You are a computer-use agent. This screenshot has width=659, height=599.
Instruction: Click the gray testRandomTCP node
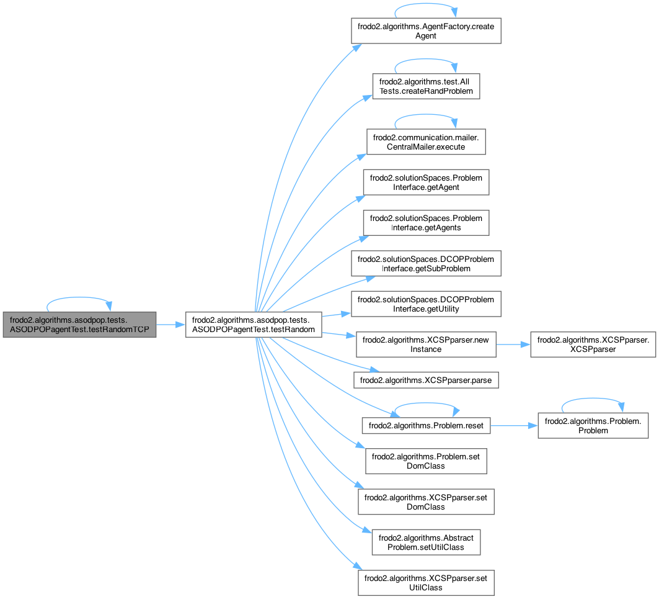79,324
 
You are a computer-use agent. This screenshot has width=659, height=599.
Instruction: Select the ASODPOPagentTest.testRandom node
254,324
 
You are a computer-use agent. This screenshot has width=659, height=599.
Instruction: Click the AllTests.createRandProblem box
425,86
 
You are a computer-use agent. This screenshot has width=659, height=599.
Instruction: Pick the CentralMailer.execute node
425,142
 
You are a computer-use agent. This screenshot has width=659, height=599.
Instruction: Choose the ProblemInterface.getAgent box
425,182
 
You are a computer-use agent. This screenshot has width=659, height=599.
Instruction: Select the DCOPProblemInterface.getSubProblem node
425,263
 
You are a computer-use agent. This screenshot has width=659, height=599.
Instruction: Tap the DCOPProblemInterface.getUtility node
425,304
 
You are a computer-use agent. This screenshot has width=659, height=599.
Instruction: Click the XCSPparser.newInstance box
425,345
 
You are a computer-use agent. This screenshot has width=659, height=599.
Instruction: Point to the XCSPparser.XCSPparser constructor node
592,345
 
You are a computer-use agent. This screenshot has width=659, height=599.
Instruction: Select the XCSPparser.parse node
425,379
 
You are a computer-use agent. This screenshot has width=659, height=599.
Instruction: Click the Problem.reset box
425,425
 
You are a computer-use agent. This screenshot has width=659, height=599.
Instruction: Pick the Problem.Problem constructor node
592,425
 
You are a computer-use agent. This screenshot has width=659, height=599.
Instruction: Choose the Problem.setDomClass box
425,461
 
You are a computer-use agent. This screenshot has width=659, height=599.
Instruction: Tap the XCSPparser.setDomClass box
425,502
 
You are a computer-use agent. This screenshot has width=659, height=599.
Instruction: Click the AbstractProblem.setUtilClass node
425,542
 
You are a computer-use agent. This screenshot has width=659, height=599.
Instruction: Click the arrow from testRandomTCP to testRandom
170,324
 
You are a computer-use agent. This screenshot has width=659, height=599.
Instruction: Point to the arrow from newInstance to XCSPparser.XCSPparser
513,345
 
